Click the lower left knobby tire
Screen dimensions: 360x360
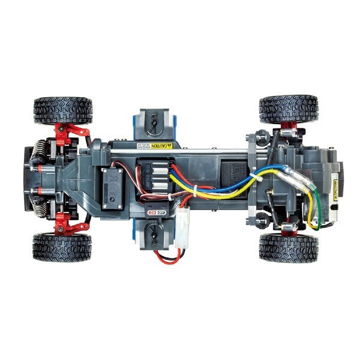[62, 247]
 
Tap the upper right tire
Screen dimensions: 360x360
[288, 109]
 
